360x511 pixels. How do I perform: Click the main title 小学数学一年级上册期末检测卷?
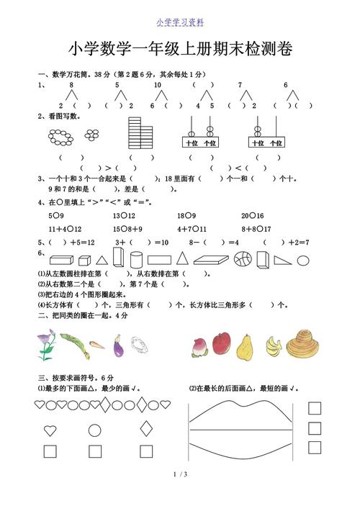pos(180,48)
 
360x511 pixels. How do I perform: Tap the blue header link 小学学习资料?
pos(180,22)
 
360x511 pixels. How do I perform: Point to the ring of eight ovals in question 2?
pos(61,135)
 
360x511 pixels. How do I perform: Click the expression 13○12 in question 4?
pos(124,215)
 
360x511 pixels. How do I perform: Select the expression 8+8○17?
pos(256,229)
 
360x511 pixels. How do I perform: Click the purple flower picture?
pos(45,345)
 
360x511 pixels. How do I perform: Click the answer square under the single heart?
pos(50,451)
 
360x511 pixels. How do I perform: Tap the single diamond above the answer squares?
pos(146,430)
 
